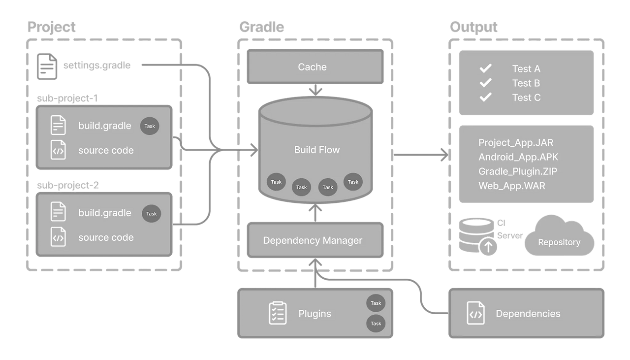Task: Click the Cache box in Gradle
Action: coord(315,66)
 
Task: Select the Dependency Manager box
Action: coord(315,240)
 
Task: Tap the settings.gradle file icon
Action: coord(47,66)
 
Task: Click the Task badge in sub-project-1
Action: coord(150,126)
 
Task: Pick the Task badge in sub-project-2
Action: coord(151,213)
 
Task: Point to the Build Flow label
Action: coord(317,150)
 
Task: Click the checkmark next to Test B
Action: coord(485,83)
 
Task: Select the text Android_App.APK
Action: coord(518,157)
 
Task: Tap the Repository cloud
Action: coord(559,236)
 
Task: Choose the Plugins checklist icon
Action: coord(278,313)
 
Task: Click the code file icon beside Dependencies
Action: coord(475,313)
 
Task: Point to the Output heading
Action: coord(473,27)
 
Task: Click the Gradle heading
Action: coord(261,27)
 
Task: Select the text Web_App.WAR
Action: coord(511,186)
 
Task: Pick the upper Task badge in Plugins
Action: coord(376,303)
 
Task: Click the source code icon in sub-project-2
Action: coord(58,237)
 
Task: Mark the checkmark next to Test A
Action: coord(485,68)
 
